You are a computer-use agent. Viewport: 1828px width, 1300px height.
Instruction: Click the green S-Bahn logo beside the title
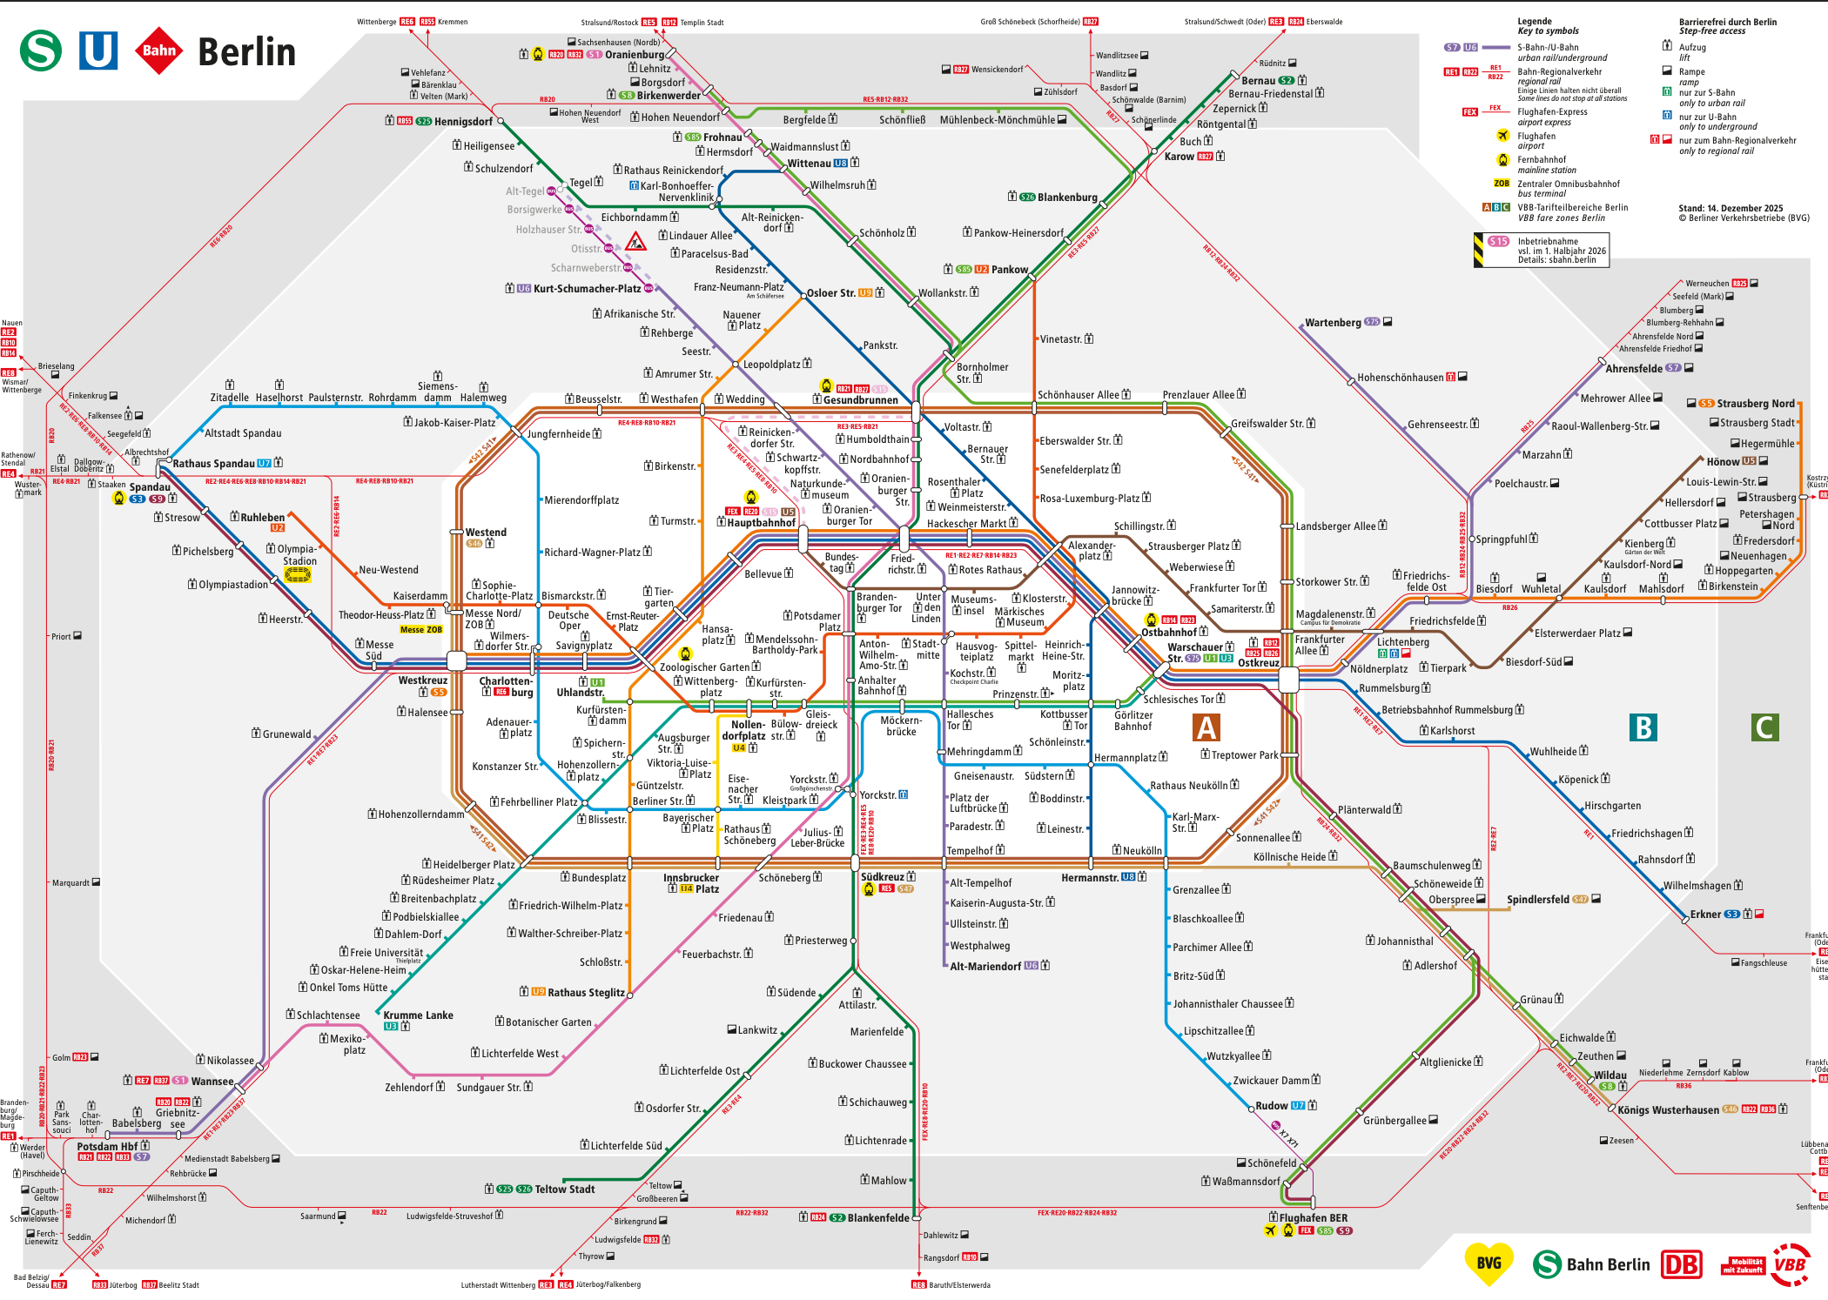tap(41, 50)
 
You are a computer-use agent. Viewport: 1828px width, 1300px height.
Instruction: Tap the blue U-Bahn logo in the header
tap(98, 50)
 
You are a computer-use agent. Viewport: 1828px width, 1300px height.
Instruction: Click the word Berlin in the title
tap(246, 52)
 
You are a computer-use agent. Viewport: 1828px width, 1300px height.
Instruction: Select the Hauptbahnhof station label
tap(761, 523)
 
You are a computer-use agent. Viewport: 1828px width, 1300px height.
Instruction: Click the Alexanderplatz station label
tap(1091, 551)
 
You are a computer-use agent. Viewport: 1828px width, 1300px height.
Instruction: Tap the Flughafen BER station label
tap(1314, 1218)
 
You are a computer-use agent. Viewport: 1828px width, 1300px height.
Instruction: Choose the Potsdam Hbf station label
tap(107, 1146)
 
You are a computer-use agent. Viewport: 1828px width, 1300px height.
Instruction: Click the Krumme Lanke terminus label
tap(418, 1015)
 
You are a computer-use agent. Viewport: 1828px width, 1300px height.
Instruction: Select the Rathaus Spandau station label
tap(213, 464)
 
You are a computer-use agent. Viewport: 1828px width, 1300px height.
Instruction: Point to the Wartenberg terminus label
tap(1333, 323)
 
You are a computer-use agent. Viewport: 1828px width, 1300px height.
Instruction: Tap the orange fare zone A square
tap(1206, 727)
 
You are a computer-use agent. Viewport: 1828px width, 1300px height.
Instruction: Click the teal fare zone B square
tap(1643, 727)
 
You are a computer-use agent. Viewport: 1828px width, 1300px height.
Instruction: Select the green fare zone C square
tap(1764, 727)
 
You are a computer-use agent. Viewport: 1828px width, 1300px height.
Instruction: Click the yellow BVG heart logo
tap(1489, 1263)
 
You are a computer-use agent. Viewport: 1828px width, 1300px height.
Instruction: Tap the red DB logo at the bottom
tap(1682, 1264)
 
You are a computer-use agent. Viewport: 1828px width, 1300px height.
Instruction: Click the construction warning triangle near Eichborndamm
tap(635, 242)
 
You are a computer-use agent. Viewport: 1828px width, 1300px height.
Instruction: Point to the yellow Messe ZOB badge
tap(421, 629)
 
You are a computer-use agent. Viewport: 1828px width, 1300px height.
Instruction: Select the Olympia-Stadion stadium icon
tap(298, 574)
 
